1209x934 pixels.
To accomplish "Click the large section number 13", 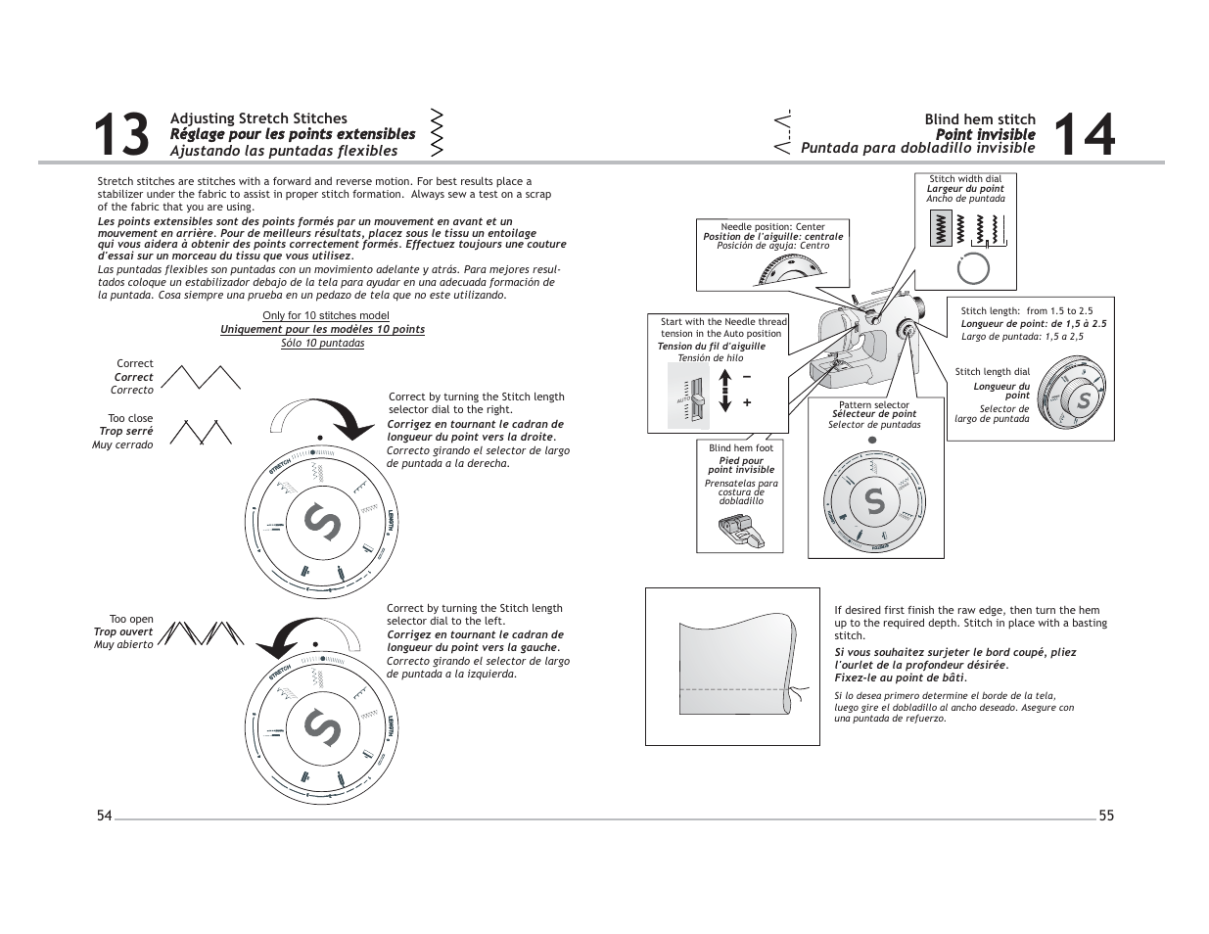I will coord(122,135).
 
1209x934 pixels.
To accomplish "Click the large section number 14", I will coord(1085,135).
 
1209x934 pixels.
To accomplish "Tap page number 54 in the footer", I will coord(105,817).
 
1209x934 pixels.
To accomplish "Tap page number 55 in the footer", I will coord(1106,817).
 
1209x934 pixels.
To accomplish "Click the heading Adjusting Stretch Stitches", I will coord(258,118).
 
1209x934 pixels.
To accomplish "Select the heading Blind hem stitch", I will coord(979,119).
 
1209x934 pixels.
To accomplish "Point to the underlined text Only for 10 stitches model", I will coord(325,315).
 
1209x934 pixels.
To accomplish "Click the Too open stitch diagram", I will coord(199,634).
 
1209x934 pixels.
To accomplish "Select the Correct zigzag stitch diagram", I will coord(200,377).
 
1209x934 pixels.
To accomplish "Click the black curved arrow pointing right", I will coord(345,421).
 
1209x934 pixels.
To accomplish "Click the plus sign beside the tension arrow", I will coord(747,402).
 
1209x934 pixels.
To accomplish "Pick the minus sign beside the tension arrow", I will coord(747,377).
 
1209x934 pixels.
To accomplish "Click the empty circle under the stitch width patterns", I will coord(973,268).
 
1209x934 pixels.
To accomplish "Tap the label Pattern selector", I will coord(873,405).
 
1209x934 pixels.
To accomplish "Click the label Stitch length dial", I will coord(992,372).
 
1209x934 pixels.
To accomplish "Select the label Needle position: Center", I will coord(772,226).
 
